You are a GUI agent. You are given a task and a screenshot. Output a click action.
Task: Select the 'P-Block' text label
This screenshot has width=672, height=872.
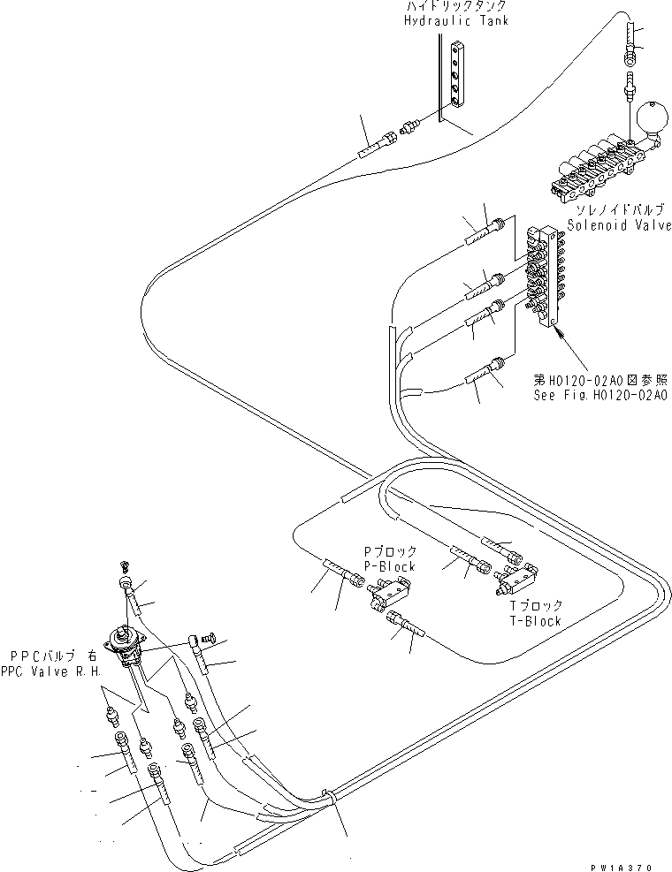(x=390, y=566)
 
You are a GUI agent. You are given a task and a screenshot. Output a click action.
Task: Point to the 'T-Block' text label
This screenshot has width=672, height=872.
(x=536, y=621)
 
